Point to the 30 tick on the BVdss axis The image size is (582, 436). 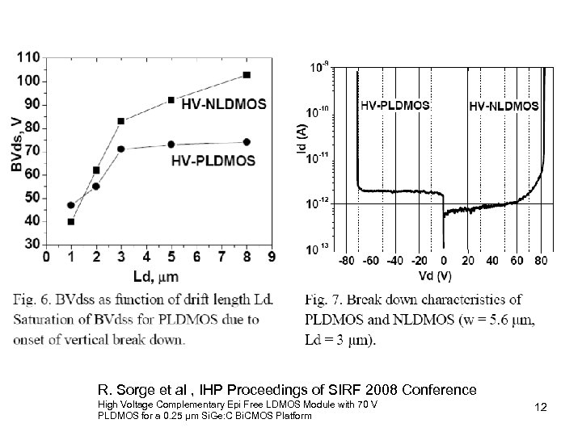pyautogui.click(x=31, y=244)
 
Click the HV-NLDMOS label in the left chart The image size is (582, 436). pyautogui.click(x=224, y=103)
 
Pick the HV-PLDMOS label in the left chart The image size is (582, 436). pyautogui.click(x=213, y=160)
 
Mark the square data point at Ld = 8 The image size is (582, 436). pyautogui.click(x=247, y=75)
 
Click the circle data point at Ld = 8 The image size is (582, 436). pyautogui.click(x=247, y=142)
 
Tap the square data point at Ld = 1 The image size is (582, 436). pyautogui.click(x=71, y=221)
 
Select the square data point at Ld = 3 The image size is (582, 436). pyautogui.click(x=121, y=121)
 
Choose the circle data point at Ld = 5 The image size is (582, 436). pyautogui.click(x=171, y=145)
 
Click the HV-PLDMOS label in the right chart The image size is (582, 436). pyautogui.click(x=394, y=105)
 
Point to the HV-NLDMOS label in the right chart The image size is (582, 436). pyautogui.click(x=504, y=105)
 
